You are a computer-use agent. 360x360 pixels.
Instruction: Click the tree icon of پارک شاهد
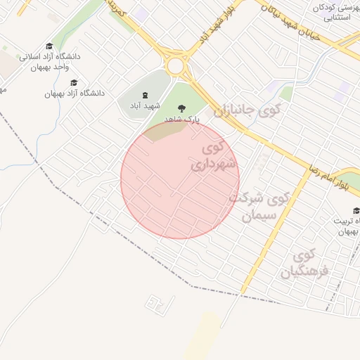point(182,109)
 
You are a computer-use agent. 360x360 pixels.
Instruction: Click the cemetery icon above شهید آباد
point(145,95)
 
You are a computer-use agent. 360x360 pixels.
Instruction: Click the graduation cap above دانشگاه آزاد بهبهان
point(74,82)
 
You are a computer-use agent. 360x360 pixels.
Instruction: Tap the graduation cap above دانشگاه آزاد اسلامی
point(49,45)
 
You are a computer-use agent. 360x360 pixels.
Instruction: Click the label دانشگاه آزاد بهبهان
point(74,93)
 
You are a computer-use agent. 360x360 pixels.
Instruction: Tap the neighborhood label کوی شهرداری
point(214,157)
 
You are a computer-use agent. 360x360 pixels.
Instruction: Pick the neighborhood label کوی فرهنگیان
point(304,264)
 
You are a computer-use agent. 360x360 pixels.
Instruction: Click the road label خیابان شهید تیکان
point(290,21)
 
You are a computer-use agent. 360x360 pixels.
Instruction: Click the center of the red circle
point(180,179)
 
